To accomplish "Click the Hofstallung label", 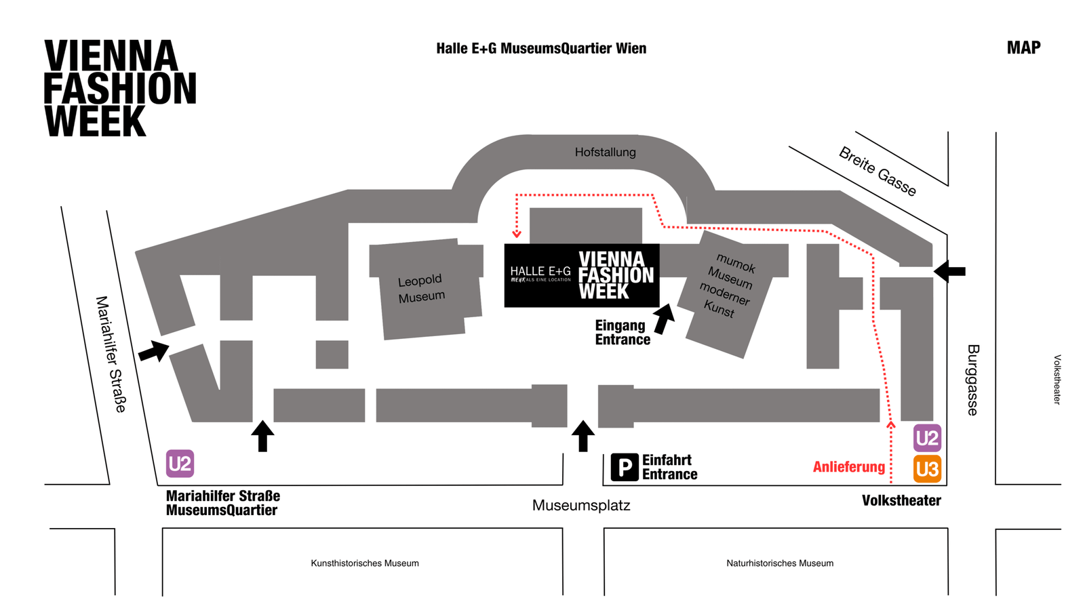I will click(x=605, y=152).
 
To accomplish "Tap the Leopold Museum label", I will click(x=421, y=288).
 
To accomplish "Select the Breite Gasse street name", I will click(x=877, y=171).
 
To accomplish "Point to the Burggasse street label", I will click(x=972, y=380).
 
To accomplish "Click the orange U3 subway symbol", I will click(x=927, y=469).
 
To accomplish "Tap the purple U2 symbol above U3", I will click(x=927, y=439).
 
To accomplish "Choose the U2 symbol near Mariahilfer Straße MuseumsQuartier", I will click(x=180, y=464).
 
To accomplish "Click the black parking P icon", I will click(x=625, y=468).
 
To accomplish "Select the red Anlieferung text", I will click(x=848, y=467).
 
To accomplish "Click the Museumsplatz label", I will click(x=581, y=505).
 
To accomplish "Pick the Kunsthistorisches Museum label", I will click(x=365, y=563).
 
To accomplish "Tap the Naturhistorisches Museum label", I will click(x=780, y=563).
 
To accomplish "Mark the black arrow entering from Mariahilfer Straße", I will click(x=154, y=351).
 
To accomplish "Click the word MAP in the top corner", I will click(x=1023, y=47).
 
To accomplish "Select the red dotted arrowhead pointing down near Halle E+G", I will click(x=517, y=234).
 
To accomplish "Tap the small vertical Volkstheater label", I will click(x=1057, y=380).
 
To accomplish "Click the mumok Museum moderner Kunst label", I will click(x=727, y=285).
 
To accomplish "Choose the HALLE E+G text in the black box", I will click(x=540, y=271).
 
